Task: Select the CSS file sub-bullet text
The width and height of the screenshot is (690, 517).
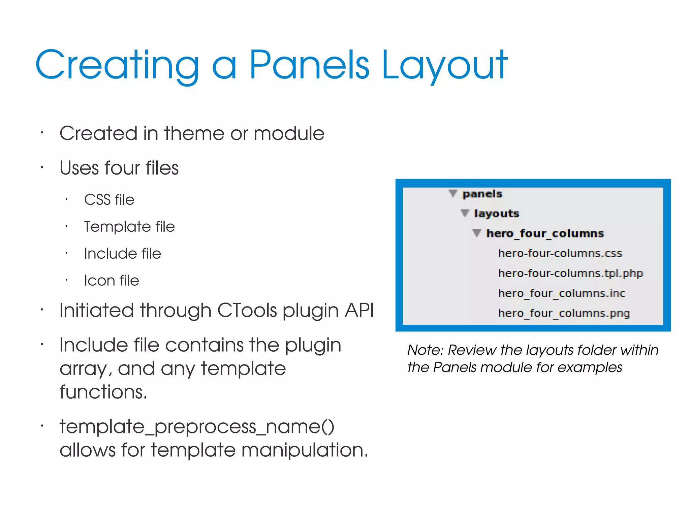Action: [109, 200]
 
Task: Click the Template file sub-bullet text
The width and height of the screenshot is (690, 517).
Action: [129, 227]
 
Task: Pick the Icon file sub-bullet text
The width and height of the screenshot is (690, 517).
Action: [112, 281]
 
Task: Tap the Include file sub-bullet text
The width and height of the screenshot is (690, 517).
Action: [123, 254]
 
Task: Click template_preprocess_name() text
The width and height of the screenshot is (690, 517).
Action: [197, 427]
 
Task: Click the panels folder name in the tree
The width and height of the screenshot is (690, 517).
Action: [482, 194]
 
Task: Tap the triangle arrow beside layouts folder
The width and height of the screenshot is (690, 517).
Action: [465, 213]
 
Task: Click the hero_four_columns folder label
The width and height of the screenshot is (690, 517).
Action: [545, 233]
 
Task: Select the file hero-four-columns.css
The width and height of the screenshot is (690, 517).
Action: [560, 253]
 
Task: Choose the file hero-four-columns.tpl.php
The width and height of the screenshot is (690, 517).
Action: [571, 273]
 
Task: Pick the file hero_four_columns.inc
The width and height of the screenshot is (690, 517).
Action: [562, 293]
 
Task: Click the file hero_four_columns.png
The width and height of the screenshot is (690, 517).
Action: [564, 313]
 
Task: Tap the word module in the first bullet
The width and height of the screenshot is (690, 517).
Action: [289, 134]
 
